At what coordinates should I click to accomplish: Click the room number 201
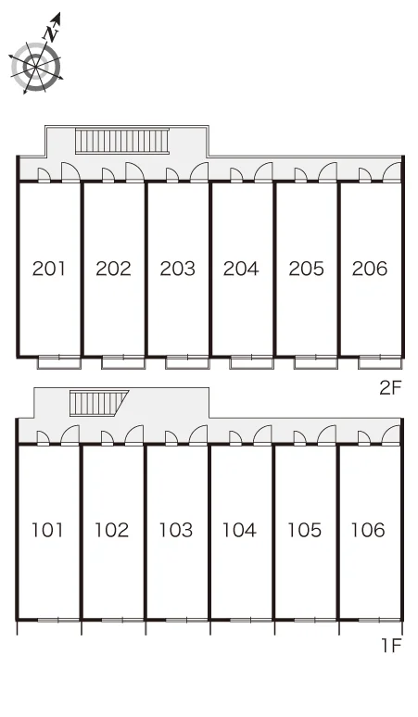pos(49,269)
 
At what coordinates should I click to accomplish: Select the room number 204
pos(241,269)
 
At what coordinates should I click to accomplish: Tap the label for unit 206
pos(370,269)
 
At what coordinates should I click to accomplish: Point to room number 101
pos(47,530)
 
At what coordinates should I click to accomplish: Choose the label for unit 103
pos(175,530)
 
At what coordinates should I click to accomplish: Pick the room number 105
pos(304,530)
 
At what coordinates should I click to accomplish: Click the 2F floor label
pos(390,388)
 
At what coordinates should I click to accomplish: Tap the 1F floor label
pos(391,646)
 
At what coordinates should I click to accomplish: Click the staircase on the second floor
pos(122,141)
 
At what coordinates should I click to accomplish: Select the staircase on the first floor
pos(98,403)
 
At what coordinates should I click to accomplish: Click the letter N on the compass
pos(51,33)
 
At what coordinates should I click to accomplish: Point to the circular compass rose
pos(35,67)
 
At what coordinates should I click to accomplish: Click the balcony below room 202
pos(123,362)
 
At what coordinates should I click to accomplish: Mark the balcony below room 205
pos(315,362)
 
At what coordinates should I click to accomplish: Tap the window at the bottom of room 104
pos(251,620)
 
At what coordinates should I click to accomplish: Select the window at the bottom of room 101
pos(58,620)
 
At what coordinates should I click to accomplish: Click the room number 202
pos(113,269)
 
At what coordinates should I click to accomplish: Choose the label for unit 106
pos(368,530)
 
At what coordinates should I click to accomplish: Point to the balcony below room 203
pos(187,362)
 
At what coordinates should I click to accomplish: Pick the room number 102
pos(111,530)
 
